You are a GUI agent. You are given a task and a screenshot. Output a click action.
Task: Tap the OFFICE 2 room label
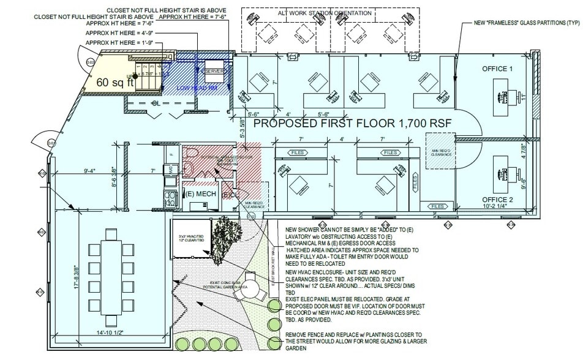497,200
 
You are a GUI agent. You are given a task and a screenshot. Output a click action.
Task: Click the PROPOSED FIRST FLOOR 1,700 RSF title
352,124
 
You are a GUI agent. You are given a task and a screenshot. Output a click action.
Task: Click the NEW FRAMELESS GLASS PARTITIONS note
520,22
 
